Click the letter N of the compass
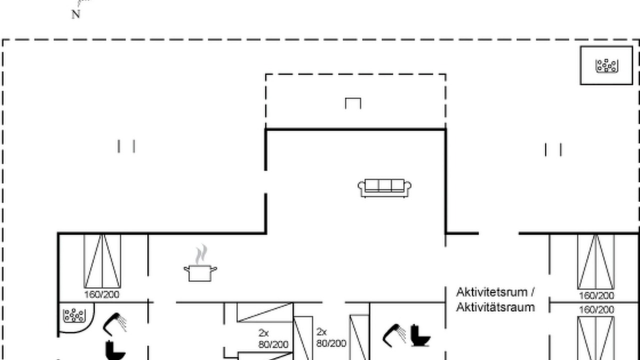tap(75, 14)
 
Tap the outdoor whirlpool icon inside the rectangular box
tap(606, 65)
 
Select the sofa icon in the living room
tap(384, 188)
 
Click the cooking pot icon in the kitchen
tap(200, 273)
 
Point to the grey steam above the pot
tap(201, 254)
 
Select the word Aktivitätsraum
tap(495, 307)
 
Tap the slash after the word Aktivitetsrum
tap(532, 292)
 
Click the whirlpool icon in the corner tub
tap(74, 315)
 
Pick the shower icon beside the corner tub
tap(115, 324)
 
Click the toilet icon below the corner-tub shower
tap(115, 350)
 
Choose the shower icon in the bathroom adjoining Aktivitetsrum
tap(394, 335)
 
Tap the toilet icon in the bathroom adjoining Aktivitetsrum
tap(420, 335)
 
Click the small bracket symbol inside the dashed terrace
tap(353, 103)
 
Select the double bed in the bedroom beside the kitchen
tap(102, 261)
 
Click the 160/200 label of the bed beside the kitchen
tap(101, 294)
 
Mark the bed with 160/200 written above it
tap(596, 338)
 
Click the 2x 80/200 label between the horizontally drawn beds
tap(273, 339)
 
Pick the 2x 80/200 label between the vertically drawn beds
tap(331, 337)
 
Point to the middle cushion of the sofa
tap(385, 185)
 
